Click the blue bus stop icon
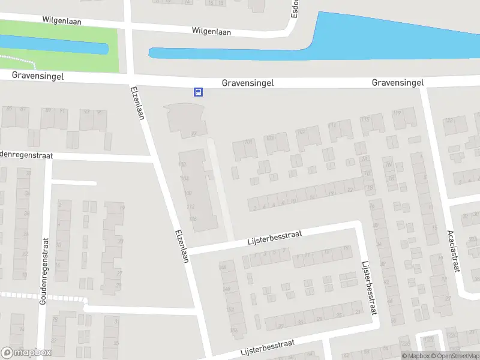(198, 92)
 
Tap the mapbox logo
(26, 353)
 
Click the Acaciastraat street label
(453, 251)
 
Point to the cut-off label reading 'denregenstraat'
(26, 155)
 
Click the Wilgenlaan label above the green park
(61, 20)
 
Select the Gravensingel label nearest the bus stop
(247, 83)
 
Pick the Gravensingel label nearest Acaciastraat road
(398, 82)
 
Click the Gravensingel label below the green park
(37, 77)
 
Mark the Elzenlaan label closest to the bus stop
(137, 103)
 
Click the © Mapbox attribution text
(415, 356)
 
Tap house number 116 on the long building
(193, 218)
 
